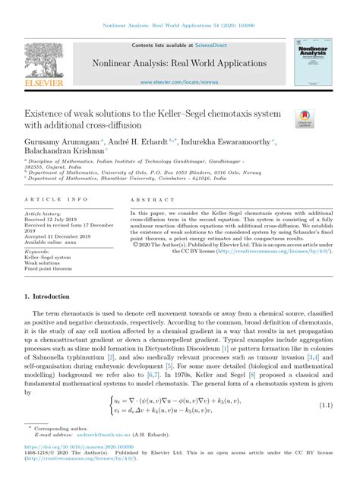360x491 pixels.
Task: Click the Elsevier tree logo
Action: tap(44, 61)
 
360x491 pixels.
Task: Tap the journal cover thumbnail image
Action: tap(311, 65)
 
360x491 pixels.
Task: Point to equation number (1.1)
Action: tap(327, 405)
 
